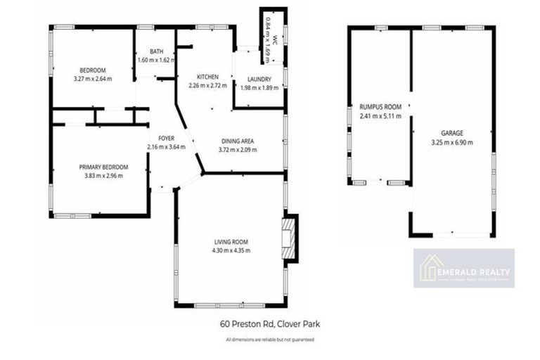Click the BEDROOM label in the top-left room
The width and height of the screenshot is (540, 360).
[x=92, y=70]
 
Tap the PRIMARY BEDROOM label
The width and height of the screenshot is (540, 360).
[x=103, y=167]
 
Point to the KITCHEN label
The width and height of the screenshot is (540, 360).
[x=207, y=77]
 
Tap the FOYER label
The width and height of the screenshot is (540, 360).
[x=166, y=139]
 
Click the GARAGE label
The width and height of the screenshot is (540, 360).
[x=451, y=133]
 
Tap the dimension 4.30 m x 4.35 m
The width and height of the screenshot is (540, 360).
[x=232, y=250]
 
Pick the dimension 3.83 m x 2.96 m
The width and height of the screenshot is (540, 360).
[x=103, y=175]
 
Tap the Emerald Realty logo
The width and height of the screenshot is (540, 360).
[x=463, y=269]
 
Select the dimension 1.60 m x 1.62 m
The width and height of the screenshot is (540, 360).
[x=157, y=60]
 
